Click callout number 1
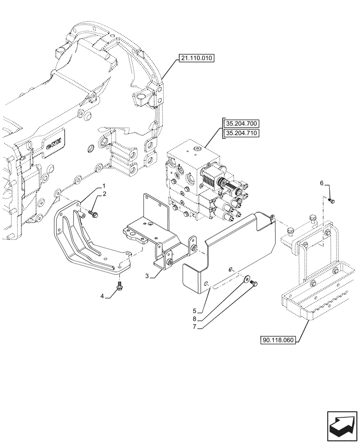click(x=104, y=186)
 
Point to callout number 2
click(x=104, y=194)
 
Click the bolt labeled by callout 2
click(x=94, y=214)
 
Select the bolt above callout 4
click(x=119, y=286)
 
